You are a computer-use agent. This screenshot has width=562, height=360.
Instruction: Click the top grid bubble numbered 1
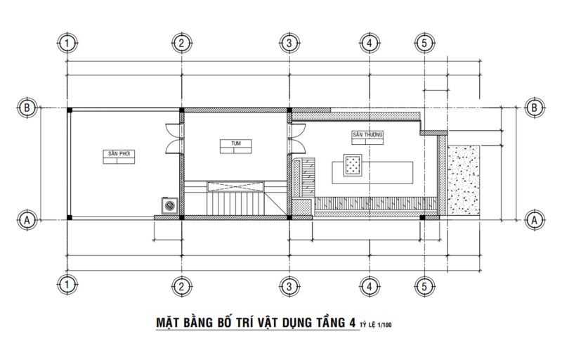[66, 44]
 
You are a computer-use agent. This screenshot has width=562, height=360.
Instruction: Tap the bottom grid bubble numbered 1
[66, 285]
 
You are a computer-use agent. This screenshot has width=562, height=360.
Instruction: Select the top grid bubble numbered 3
[289, 44]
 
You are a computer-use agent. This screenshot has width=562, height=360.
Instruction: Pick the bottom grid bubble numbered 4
[369, 285]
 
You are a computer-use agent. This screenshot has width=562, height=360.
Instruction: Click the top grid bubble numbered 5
[424, 44]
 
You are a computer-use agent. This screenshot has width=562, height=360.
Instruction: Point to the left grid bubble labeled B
[27, 108]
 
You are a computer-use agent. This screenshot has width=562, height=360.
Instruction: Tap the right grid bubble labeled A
[535, 219]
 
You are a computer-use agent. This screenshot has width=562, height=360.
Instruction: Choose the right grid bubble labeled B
[535, 108]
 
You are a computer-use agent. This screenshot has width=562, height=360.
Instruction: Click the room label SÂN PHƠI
[119, 153]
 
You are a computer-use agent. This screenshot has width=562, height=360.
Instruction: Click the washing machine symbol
[169, 206]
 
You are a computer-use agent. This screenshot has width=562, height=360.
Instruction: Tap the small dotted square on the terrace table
[353, 165]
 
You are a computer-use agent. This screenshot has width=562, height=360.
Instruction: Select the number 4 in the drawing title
[351, 323]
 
